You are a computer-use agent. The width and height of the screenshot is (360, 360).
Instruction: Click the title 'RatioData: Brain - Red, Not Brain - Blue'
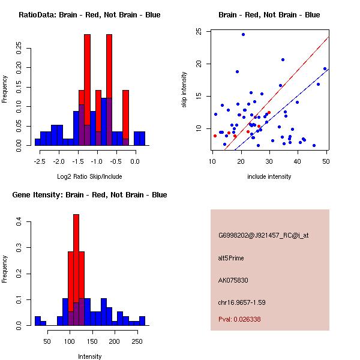pyautogui.click(x=89, y=15)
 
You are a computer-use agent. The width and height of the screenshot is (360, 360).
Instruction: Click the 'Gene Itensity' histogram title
pyautogui.click(x=89, y=195)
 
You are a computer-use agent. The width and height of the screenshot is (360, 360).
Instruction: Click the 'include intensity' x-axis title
pyautogui.click(x=269, y=176)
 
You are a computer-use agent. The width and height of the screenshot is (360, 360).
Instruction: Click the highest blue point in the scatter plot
pyautogui.click(x=243, y=34)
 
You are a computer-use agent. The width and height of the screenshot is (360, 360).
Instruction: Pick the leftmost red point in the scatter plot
pyautogui.click(x=215, y=136)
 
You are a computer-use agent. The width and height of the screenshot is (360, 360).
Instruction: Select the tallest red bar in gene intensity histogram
pyautogui.click(x=76, y=269)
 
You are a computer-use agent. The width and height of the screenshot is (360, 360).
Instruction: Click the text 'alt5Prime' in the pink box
pyautogui.click(x=231, y=258)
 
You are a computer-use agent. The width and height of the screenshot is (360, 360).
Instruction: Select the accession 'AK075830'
pyautogui.click(x=232, y=280)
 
